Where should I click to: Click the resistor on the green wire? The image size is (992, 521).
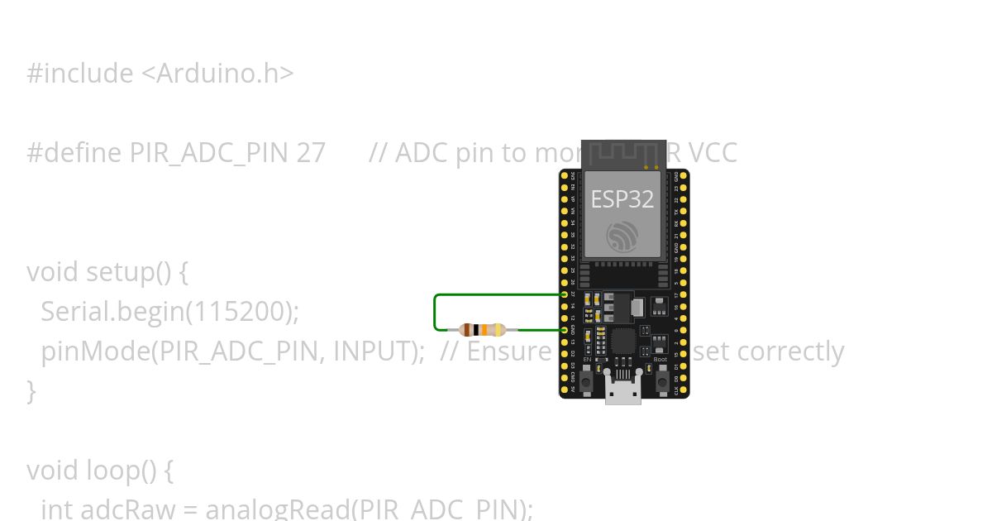(482, 330)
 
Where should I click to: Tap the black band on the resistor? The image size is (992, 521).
(476, 330)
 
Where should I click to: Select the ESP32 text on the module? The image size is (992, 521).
(622, 199)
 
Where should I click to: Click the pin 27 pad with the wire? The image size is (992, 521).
(565, 294)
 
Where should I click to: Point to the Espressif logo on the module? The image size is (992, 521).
(622, 235)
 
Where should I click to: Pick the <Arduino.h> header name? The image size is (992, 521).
(217, 74)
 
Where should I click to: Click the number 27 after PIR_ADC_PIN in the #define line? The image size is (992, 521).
(311, 153)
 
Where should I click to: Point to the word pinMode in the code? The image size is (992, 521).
(95, 351)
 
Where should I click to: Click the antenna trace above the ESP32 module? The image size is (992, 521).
(623, 154)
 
